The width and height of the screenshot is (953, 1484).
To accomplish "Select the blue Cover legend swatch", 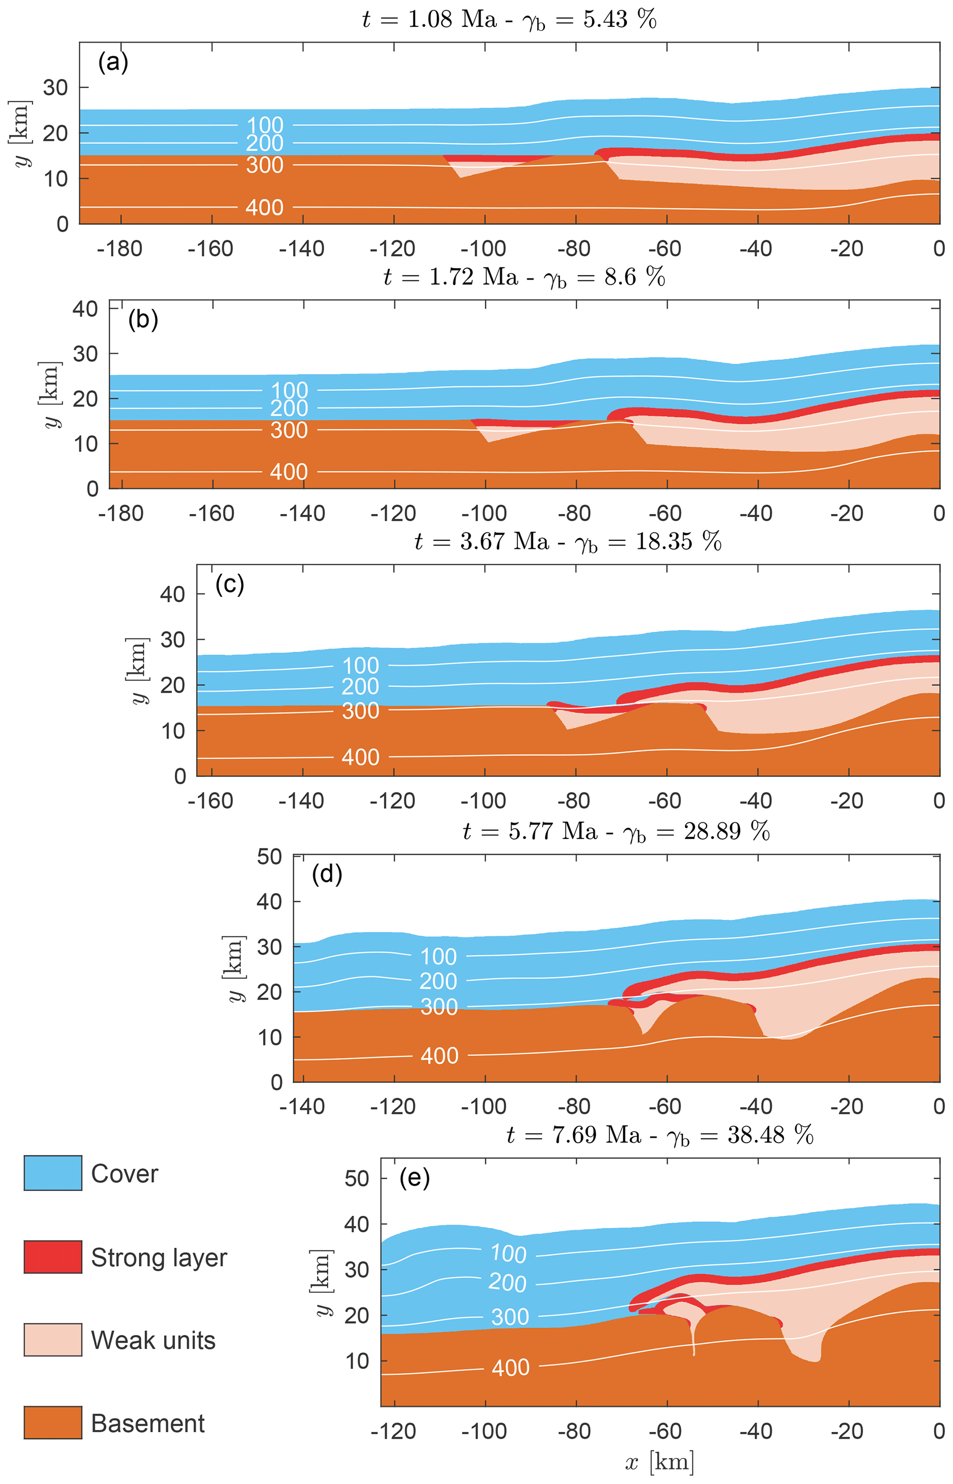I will pyautogui.click(x=53, y=1173).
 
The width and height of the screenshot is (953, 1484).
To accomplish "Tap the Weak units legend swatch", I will pyautogui.click(x=53, y=1339).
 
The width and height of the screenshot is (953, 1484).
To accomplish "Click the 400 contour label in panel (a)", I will pyautogui.click(x=264, y=207).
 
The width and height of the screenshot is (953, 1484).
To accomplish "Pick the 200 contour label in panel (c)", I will pyautogui.click(x=360, y=686).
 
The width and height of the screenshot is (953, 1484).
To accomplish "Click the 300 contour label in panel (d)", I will pyautogui.click(x=439, y=1007).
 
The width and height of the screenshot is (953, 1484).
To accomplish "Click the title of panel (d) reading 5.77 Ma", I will pyautogui.click(x=616, y=831).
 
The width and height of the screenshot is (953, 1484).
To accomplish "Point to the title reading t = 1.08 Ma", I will pyautogui.click(x=509, y=20).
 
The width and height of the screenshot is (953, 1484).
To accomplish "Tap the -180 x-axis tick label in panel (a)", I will pyautogui.click(x=119, y=248).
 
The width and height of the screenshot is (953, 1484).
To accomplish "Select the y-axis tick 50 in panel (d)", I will pyautogui.click(x=269, y=857).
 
